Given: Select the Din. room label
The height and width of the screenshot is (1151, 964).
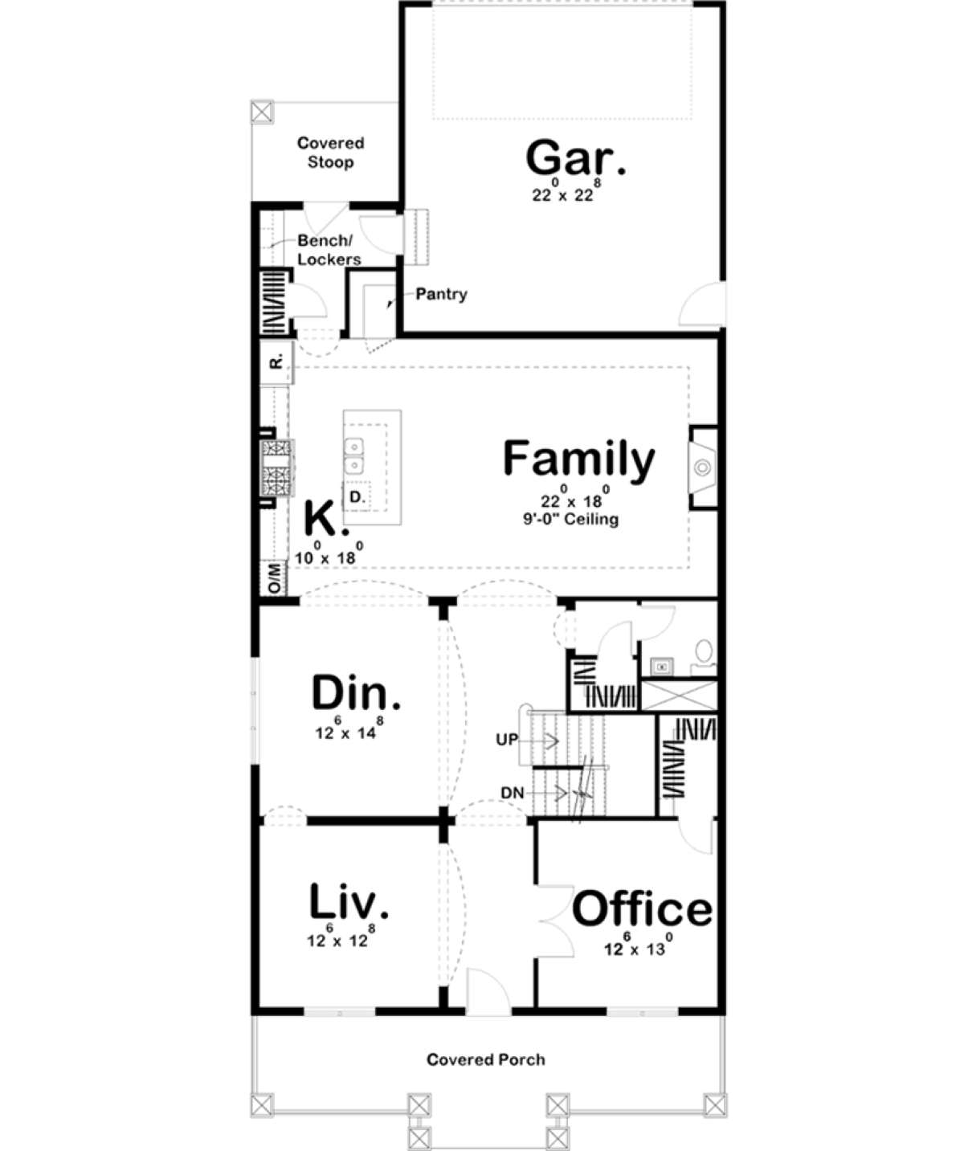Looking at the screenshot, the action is click(356, 692).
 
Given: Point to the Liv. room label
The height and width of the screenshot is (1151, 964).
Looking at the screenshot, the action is click(349, 900).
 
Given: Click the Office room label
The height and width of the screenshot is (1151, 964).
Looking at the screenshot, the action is click(643, 909).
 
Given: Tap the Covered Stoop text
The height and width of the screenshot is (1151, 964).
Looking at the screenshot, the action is click(331, 153).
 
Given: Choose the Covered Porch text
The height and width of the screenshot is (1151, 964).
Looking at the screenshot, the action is click(486, 1059).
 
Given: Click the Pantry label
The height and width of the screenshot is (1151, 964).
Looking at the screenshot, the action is click(441, 294).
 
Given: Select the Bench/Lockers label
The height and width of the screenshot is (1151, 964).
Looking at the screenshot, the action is click(329, 250).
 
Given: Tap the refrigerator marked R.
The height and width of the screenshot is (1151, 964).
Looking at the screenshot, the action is click(277, 362).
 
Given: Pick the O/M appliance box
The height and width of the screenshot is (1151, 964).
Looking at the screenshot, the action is click(274, 578).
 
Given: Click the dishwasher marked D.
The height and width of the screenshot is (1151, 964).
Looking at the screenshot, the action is click(357, 496).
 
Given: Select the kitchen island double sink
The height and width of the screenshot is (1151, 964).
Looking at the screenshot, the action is click(354, 456).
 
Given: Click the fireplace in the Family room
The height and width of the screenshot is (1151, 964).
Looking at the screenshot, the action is click(703, 467).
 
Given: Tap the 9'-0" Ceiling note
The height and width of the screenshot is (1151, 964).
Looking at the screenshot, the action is click(571, 519).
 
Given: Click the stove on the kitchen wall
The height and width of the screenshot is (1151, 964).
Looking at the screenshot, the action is click(277, 467).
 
